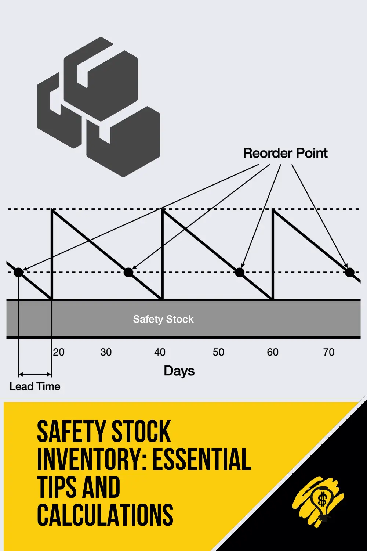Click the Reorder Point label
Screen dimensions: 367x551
[x=285, y=153]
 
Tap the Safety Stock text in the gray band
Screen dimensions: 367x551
[x=163, y=319]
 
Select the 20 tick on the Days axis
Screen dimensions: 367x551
[x=59, y=352]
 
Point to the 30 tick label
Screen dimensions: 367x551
[x=106, y=352]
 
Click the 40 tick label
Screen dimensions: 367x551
[x=160, y=352]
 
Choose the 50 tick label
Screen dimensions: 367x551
[x=218, y=352]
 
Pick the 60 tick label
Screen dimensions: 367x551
[x=273, y=352]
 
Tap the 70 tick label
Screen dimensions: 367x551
[x=329, y=352]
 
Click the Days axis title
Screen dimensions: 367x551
[x=179, y=371]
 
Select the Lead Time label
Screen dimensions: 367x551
[x=35, y=386]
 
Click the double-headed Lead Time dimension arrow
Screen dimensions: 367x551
[x=35, y=374]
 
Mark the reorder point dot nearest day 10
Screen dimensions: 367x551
[x=18, y=272]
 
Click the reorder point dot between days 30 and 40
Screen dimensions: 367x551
[x=128, y=272]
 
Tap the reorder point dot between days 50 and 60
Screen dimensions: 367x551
[x=239, y=272]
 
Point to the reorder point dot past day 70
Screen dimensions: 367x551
[x=350, y=272]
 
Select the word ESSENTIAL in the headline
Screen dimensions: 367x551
[x=201, y=459]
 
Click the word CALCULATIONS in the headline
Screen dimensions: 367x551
[x=105, y=515]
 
